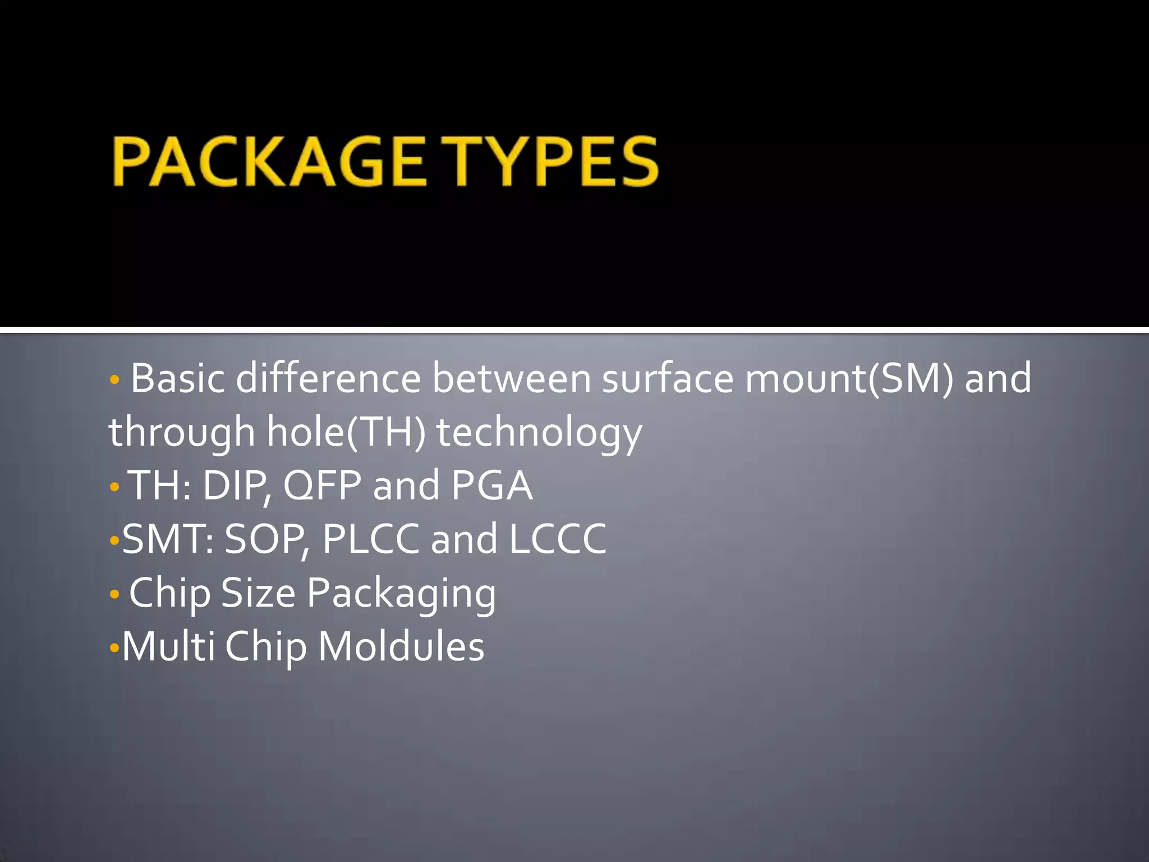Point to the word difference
(328, 378)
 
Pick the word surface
(668, 378)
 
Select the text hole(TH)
(346, 432)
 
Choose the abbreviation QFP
(322, 486)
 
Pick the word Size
(258, 593)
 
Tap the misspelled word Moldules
(401, 646)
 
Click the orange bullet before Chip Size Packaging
(114, 594)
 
